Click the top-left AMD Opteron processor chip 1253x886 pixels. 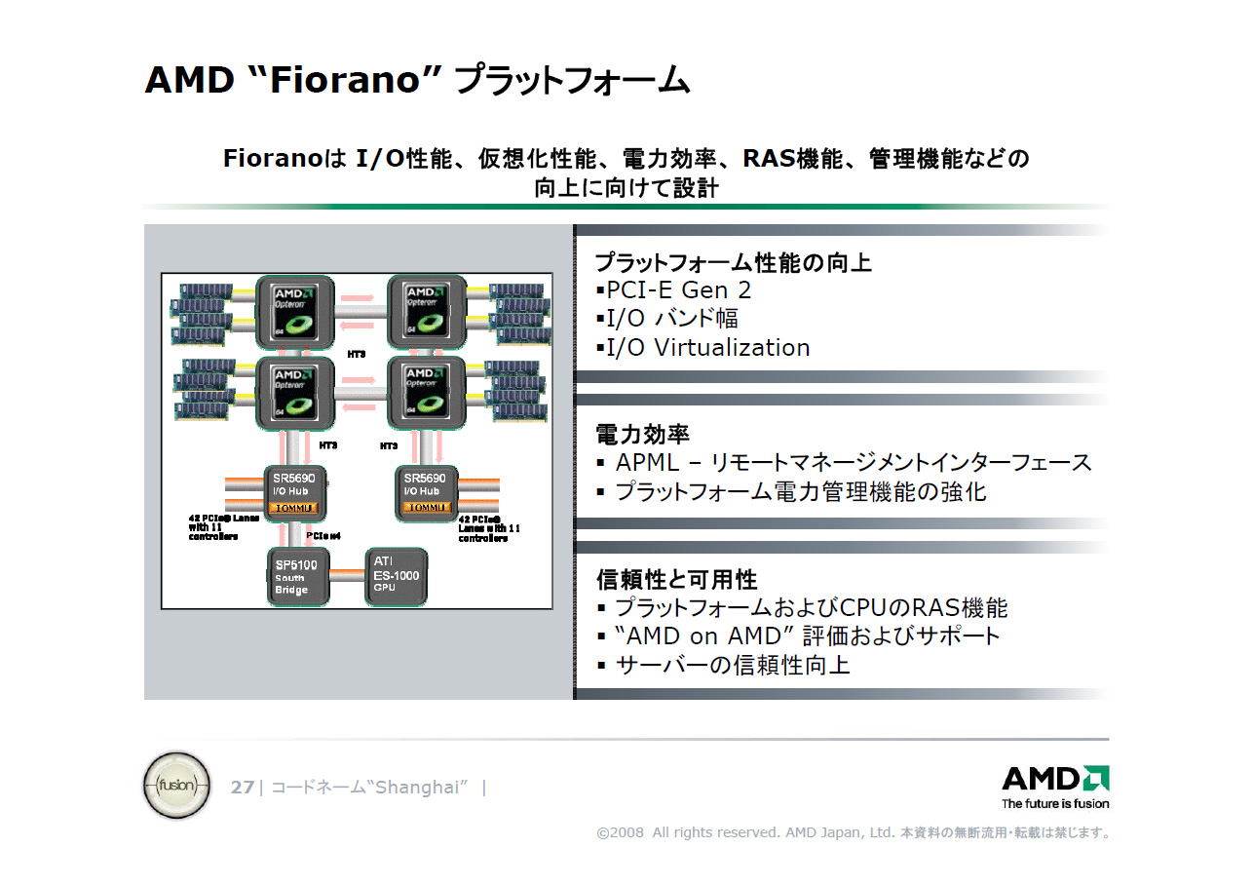295,312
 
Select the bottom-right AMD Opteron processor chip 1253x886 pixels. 427,393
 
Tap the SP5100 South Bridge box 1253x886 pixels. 298,576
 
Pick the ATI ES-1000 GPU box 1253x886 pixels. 396,576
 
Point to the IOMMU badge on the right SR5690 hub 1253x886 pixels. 425,508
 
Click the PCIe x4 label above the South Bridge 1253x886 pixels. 323,535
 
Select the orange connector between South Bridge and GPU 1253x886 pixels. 347,576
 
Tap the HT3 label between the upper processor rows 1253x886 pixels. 357,354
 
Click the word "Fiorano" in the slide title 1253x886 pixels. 345,80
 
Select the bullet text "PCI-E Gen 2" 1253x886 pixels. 678,290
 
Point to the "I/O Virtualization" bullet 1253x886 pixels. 707,348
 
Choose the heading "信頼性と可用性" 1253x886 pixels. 676,580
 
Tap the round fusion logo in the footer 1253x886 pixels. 176,785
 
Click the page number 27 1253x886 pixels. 243,788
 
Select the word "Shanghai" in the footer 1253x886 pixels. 417,788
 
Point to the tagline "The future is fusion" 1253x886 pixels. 1055,804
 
